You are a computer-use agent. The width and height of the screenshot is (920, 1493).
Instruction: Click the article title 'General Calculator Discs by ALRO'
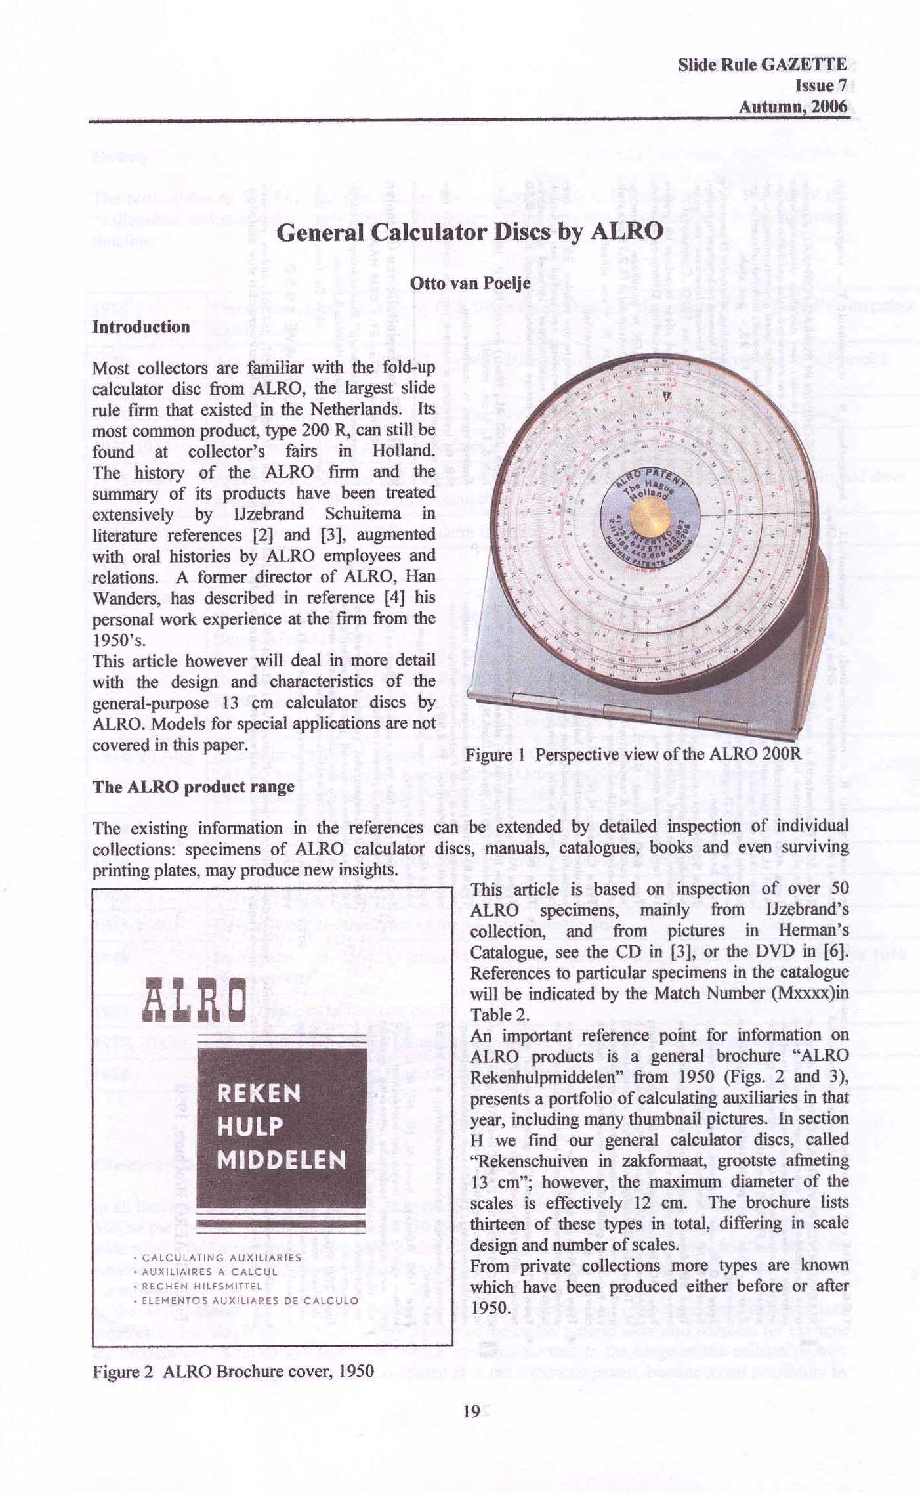coord(470,232)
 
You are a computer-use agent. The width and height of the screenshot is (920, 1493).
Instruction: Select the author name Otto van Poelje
coord(470,284)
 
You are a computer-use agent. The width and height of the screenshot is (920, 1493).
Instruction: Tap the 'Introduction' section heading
coord(141,327)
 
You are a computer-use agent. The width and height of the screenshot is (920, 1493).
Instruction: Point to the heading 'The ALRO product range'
coord(194,787)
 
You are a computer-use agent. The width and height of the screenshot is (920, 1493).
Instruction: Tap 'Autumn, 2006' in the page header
coord(793,106)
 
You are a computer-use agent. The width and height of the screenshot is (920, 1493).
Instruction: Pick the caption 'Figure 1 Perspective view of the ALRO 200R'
coord(633,754)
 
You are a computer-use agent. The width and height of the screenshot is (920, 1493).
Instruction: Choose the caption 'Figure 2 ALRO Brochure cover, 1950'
coord(233,1372)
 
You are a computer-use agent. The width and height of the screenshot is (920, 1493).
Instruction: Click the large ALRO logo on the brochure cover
coord(196,1000)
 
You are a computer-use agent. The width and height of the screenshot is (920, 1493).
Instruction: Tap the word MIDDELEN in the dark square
coord(281,1160)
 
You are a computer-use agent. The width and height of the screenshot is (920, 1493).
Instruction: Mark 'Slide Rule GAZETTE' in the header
coord(763,64)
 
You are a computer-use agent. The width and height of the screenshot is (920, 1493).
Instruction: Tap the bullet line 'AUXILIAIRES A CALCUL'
coord(209,1272)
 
